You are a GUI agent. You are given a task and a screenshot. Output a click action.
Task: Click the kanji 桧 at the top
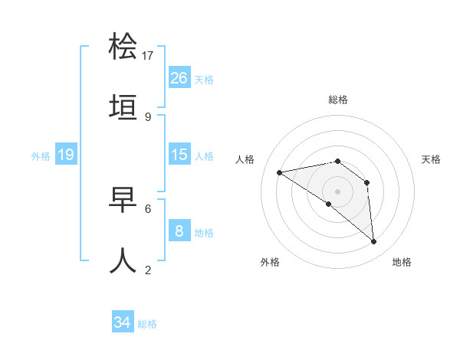pyautogui.click(x=123, y=47)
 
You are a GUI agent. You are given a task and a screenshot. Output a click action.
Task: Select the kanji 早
pyautogui.click(x=123, y=200)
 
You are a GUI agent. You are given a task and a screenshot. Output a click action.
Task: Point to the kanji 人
pyautogui.click(x=123, y=260)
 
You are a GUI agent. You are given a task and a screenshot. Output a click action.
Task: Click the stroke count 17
pyautogui.click(x=148, y=55)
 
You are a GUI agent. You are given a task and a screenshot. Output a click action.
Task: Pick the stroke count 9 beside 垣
pyautogui.click(x=148, y=116)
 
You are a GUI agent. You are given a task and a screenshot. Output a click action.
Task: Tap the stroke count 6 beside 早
pyautogui.click(x=148, y=208)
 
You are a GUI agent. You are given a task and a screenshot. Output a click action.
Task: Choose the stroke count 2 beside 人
pyautogui.click(x=148, y=269)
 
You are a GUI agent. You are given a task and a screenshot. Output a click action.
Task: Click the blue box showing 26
pyautogui.click(x=179, y=77)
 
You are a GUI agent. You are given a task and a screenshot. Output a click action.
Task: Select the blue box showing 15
pyautogui.click(x=179, y=155)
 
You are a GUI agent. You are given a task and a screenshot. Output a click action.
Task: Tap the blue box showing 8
pyautogui.click(x=179, y=231)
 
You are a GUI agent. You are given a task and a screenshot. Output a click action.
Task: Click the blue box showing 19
pyautogui.click(x=65, y=155)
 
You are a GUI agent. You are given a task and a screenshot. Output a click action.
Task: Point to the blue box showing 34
pyautogui.click(x=122, y=322)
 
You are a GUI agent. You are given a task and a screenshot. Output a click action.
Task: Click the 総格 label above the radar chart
pyautogui.click(x=338, y=100)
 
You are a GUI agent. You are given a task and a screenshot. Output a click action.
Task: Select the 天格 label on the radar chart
pyautogui.click(x=432, y=159)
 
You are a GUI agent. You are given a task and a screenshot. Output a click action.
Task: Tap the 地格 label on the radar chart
pyautogui.click(x=402, y=262)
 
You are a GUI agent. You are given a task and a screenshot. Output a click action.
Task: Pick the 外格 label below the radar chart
pyautogui.click(x=270, y=262)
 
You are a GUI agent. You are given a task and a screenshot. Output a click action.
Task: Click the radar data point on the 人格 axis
pyautogui.click(x=280, y=172)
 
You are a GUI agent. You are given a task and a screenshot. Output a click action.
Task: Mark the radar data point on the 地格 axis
pyautogui.click(x=374, y=242)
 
